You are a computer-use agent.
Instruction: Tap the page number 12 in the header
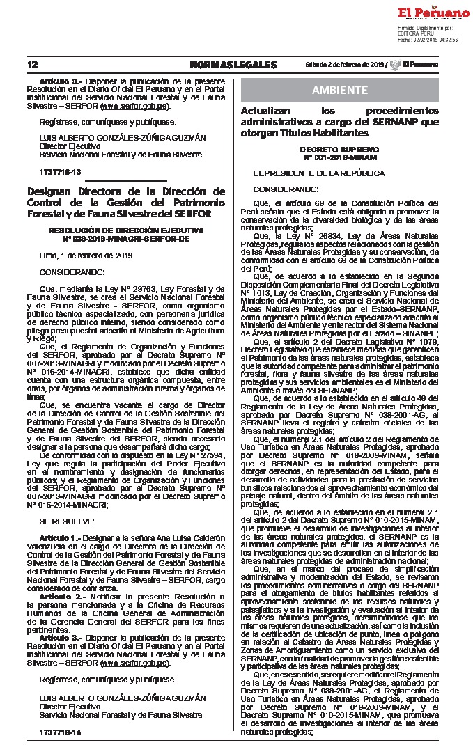(32, 65)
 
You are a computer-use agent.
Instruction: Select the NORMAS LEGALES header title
(233, 65)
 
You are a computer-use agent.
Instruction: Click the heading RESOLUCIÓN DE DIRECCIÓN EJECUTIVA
(126, 229)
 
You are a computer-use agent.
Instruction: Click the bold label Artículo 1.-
(60, 539)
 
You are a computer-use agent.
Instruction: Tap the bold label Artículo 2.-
(60, 597)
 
